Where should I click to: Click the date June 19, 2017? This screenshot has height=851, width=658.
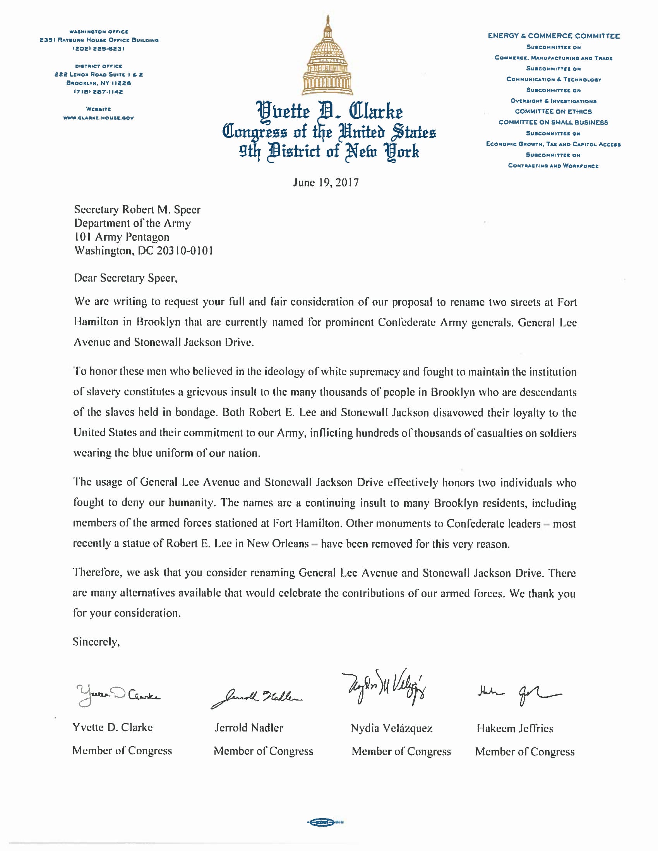[326, 183]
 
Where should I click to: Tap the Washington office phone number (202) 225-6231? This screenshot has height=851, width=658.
[99, 49]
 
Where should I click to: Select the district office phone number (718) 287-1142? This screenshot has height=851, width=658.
[99, 92]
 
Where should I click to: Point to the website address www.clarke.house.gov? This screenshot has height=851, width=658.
[99, 118]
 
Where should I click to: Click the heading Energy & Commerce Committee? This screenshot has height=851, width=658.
[553, 36]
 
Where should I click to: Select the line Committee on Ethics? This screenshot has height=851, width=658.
[553, 111]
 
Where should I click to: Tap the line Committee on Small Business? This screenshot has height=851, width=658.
[553, 122]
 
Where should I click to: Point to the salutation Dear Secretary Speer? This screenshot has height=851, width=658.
[125, 278]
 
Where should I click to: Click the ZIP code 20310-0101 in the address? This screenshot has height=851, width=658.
[185, 251]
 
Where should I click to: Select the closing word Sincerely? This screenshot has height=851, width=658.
[96, 642]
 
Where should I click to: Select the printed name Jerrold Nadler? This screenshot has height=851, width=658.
[249, 728]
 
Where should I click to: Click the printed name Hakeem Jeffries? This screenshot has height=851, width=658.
[514, 728]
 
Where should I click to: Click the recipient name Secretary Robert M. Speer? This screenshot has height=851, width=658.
[137, 210]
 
